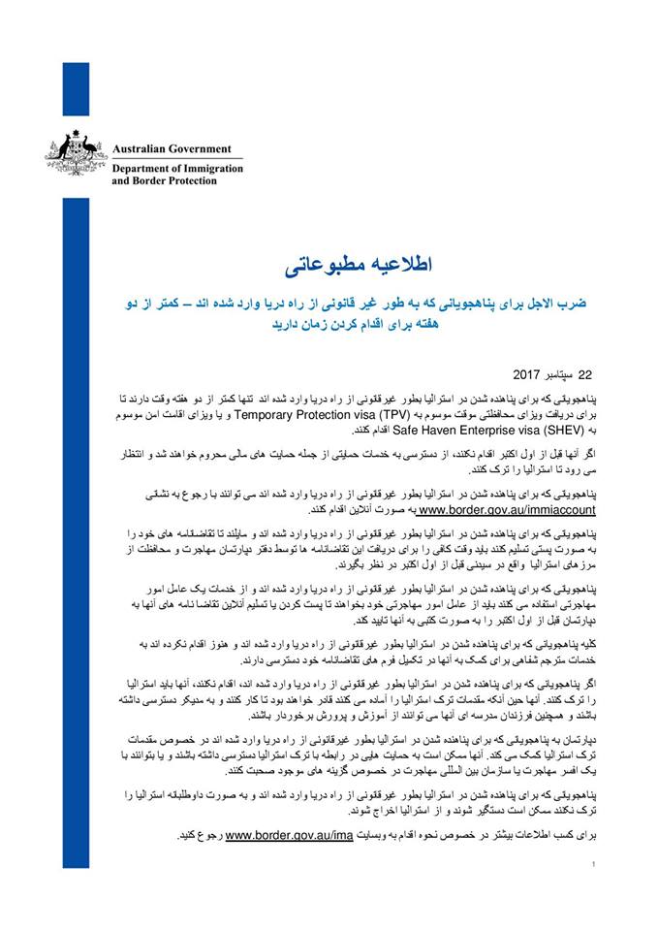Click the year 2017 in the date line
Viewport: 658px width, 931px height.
[x=525, y=373]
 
